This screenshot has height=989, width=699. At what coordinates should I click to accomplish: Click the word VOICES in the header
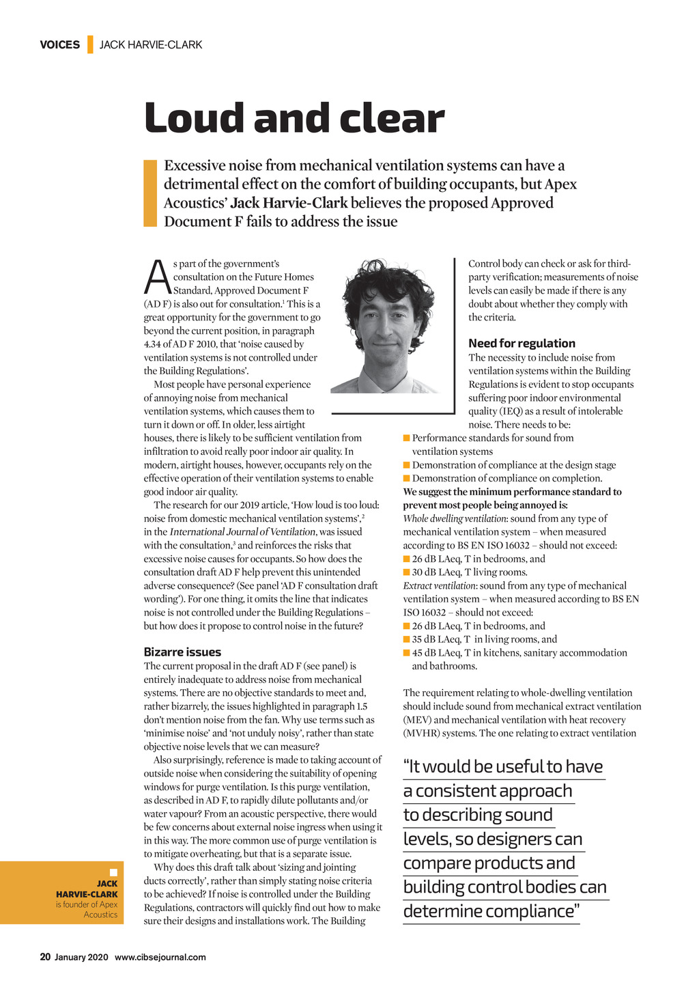(x=59, y=45)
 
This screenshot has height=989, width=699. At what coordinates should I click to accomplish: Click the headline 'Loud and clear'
(x=294, y=118)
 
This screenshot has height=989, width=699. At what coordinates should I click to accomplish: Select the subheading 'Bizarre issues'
(x=182, y=652)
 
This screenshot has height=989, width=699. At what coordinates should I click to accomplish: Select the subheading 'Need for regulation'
(x=522, y=344)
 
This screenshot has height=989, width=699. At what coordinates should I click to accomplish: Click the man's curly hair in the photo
(x=382, y=280)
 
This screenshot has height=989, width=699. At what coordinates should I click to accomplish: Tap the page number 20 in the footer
(x=45, y=957)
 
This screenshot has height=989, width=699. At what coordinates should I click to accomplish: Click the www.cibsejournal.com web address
(x=160, y=957)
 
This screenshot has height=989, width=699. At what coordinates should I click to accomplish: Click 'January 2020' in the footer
(x=81, y=957)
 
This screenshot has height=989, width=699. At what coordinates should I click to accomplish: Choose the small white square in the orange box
(x=113, y=872)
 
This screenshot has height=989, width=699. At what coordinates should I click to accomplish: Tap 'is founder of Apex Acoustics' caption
(x=87, y=909)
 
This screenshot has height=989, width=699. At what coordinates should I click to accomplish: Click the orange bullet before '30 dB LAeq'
(x=407, y=572)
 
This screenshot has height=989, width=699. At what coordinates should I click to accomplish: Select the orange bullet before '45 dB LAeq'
(x=407, y=653)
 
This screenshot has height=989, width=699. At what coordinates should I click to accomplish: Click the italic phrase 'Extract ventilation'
(x=438, y=586)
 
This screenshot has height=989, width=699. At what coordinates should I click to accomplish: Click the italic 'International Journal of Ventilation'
(x=242, y=532)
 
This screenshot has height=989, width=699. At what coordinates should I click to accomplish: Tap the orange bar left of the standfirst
(x=150, y=193)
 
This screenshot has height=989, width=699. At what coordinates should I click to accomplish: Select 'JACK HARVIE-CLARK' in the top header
(x=151, y=45)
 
